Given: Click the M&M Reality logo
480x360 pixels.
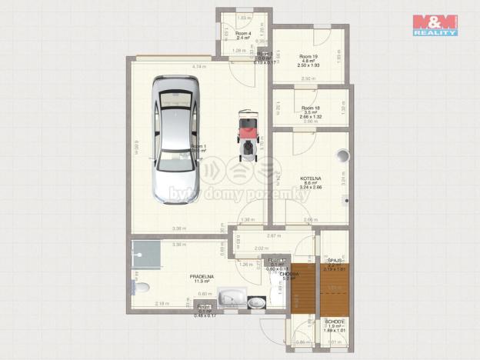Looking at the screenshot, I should coord(435,25).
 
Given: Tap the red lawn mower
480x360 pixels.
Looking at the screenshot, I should coord(248,134).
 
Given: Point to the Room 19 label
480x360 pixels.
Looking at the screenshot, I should coord(308,59).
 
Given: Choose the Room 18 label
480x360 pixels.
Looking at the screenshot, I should coord(310,111).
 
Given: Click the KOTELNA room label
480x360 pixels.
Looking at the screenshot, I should coord(312,179).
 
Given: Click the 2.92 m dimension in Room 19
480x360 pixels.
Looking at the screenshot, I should coord(308,78).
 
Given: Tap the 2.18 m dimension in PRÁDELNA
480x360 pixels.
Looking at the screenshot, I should coord(162,304).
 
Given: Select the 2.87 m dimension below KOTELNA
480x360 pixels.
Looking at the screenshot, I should coord(272,235).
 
